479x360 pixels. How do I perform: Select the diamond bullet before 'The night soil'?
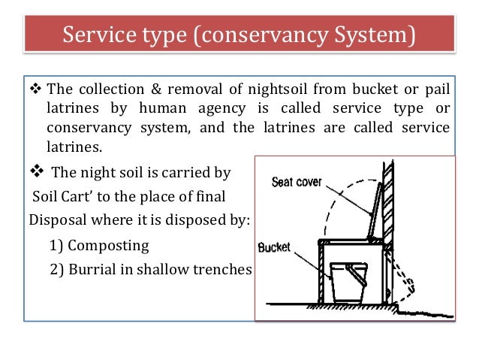37,172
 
